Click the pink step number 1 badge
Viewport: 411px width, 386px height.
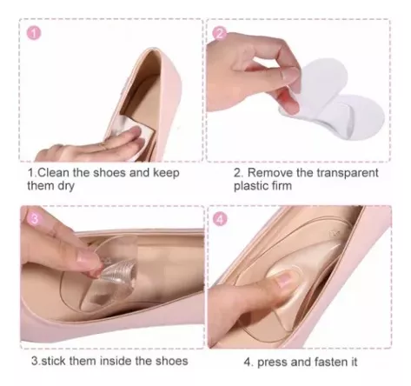tap(34, 34)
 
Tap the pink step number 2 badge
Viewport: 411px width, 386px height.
tap(220, 34)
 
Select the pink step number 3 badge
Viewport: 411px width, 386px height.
tap(34, 219)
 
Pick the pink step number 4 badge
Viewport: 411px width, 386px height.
tap(221, 219)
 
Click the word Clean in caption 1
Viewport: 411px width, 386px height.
tap(54, 173)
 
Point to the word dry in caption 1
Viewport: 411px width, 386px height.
tap(66, 186)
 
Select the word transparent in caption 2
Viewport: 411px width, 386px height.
tap(347, 173)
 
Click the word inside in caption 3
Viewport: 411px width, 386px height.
tap(116, 361)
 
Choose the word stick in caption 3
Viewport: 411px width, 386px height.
tap(54, 361)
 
